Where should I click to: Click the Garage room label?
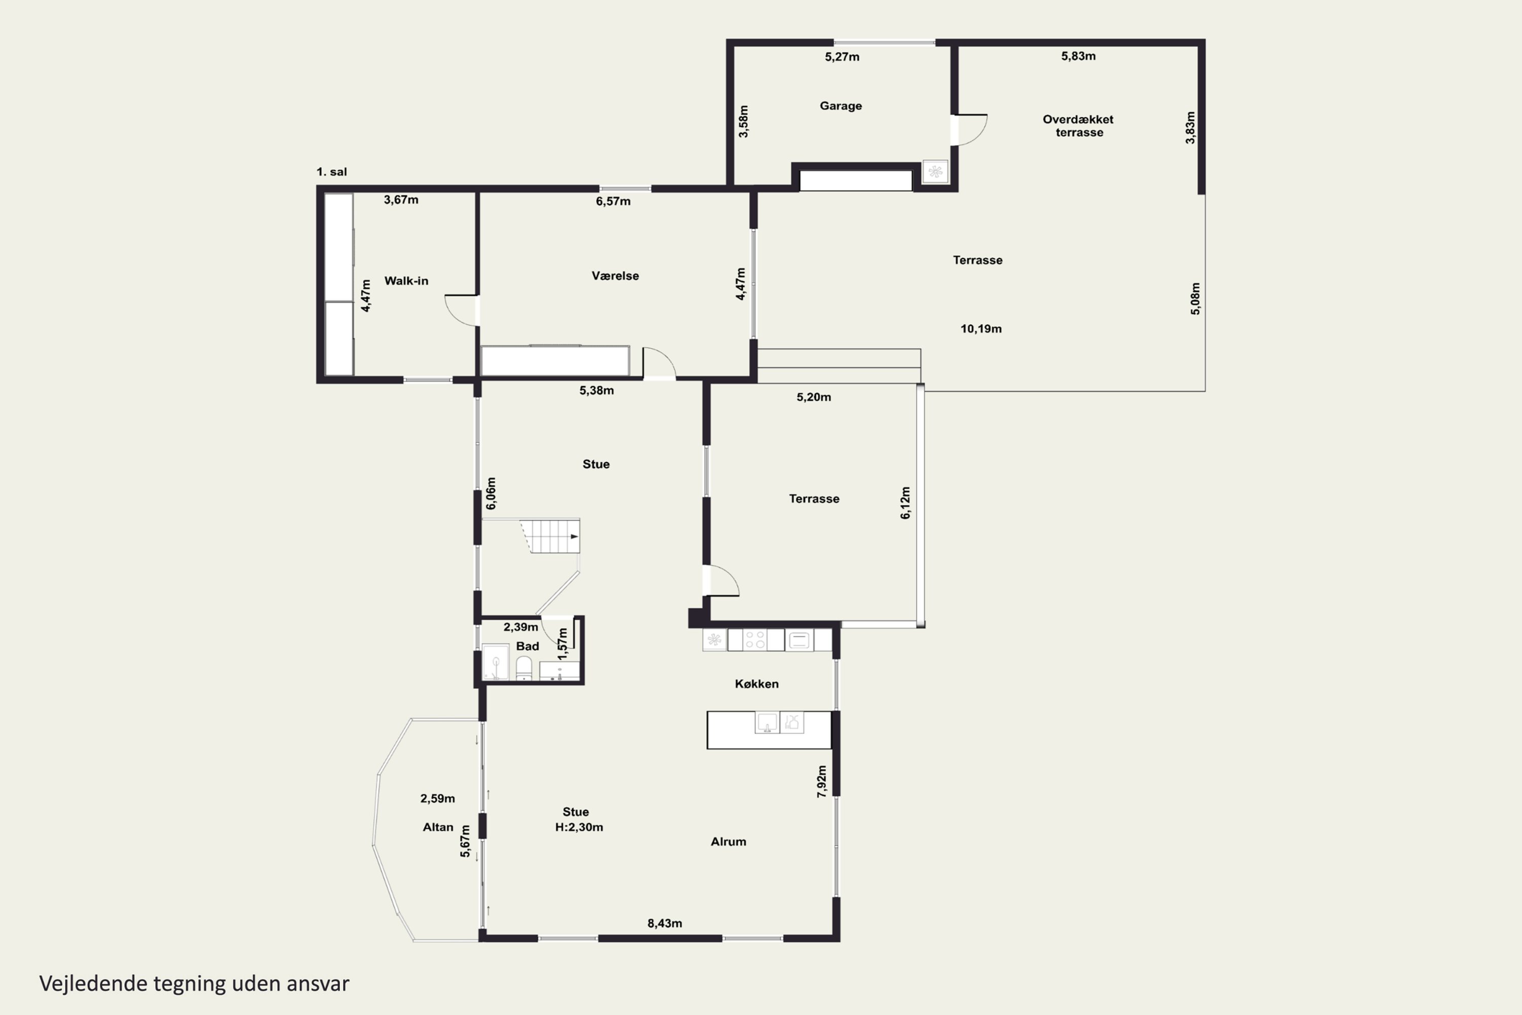pyautogui.click(x=841, y=106)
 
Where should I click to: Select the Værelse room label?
pyautogui.click(x=615, y=276)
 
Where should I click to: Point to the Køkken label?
pyautogui.click(x=756, y=684)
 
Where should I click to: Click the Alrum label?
pyautogui.click(x=729, y=841)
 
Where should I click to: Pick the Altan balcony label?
pyautogui.click(x=438, y=827)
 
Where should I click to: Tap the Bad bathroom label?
pyautogui.click(x=528, y=646)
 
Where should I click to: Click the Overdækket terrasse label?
pyautogui.click(x=1079, y=125)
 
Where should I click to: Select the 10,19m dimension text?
pyautogui.click(x=981, y=329)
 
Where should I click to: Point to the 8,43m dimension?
pyautogui.click(x=665, y=923)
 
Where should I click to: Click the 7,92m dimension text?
pyautogui.click(x=822, y=782)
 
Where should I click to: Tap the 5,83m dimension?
pyautogui.click(x=1078, y=56)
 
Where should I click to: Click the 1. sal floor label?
pyautogui.click(x=331, y=172)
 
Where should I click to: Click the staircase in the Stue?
pyautogui.click(x=550, y=535)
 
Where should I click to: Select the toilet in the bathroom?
pyautogui.click(x=524, y=668)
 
